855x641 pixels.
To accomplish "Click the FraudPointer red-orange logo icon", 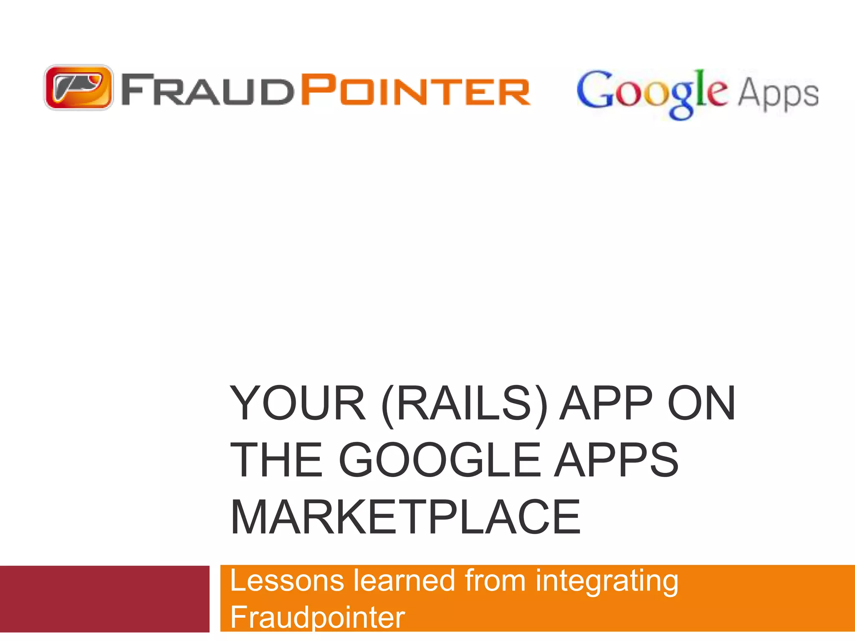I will pos(78,87).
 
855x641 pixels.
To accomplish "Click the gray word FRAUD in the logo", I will pos(206,89).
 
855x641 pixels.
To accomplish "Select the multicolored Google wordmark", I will pos(652,92).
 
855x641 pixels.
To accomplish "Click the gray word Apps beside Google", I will pos(778,94).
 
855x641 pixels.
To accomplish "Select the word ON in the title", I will pos(701,404).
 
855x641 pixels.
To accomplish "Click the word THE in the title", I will pos(276,460).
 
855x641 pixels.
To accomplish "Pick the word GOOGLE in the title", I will pos(440,460).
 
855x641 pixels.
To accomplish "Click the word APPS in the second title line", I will pos(616,460).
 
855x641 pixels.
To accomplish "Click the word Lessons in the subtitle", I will pos(287,580).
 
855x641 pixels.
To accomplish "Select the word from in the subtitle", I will pos(495,580).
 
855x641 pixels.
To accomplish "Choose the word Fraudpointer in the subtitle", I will pos(317,617).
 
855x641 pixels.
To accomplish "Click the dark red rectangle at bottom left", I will pos(104,599).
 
